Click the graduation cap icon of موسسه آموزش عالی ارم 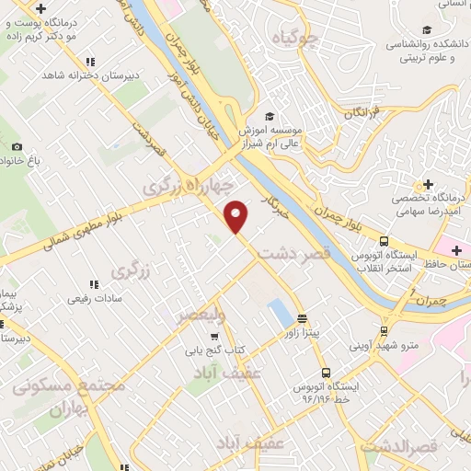[270, 117]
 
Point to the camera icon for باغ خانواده [17, 147]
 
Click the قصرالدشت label [397, 447]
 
